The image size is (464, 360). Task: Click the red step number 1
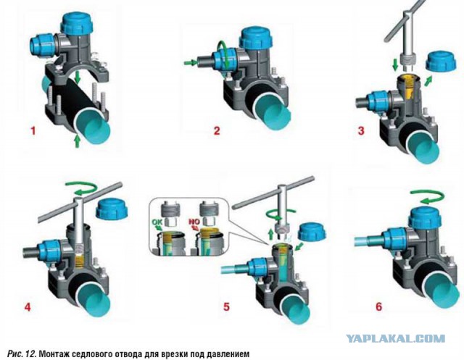[33, 130]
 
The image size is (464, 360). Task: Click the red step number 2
[217, 130]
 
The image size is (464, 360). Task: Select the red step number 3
[361, 130]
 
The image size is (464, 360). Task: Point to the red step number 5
[226, 307]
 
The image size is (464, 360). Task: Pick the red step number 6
[378, 306]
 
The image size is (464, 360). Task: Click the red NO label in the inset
[195, 222]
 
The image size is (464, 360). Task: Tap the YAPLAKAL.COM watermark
[395, 338]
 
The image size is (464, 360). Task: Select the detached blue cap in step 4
[112, 209]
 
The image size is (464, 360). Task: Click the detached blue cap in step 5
[311, 230]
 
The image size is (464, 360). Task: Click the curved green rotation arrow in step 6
[426, 196]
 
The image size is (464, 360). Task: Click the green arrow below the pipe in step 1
[78, 141]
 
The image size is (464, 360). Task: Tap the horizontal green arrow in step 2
[190, 62]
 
